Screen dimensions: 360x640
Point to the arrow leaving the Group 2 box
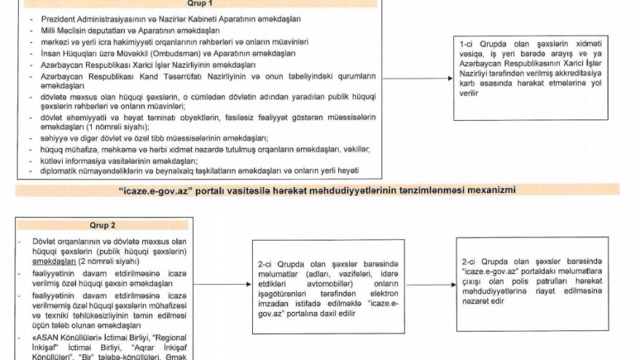223,285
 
